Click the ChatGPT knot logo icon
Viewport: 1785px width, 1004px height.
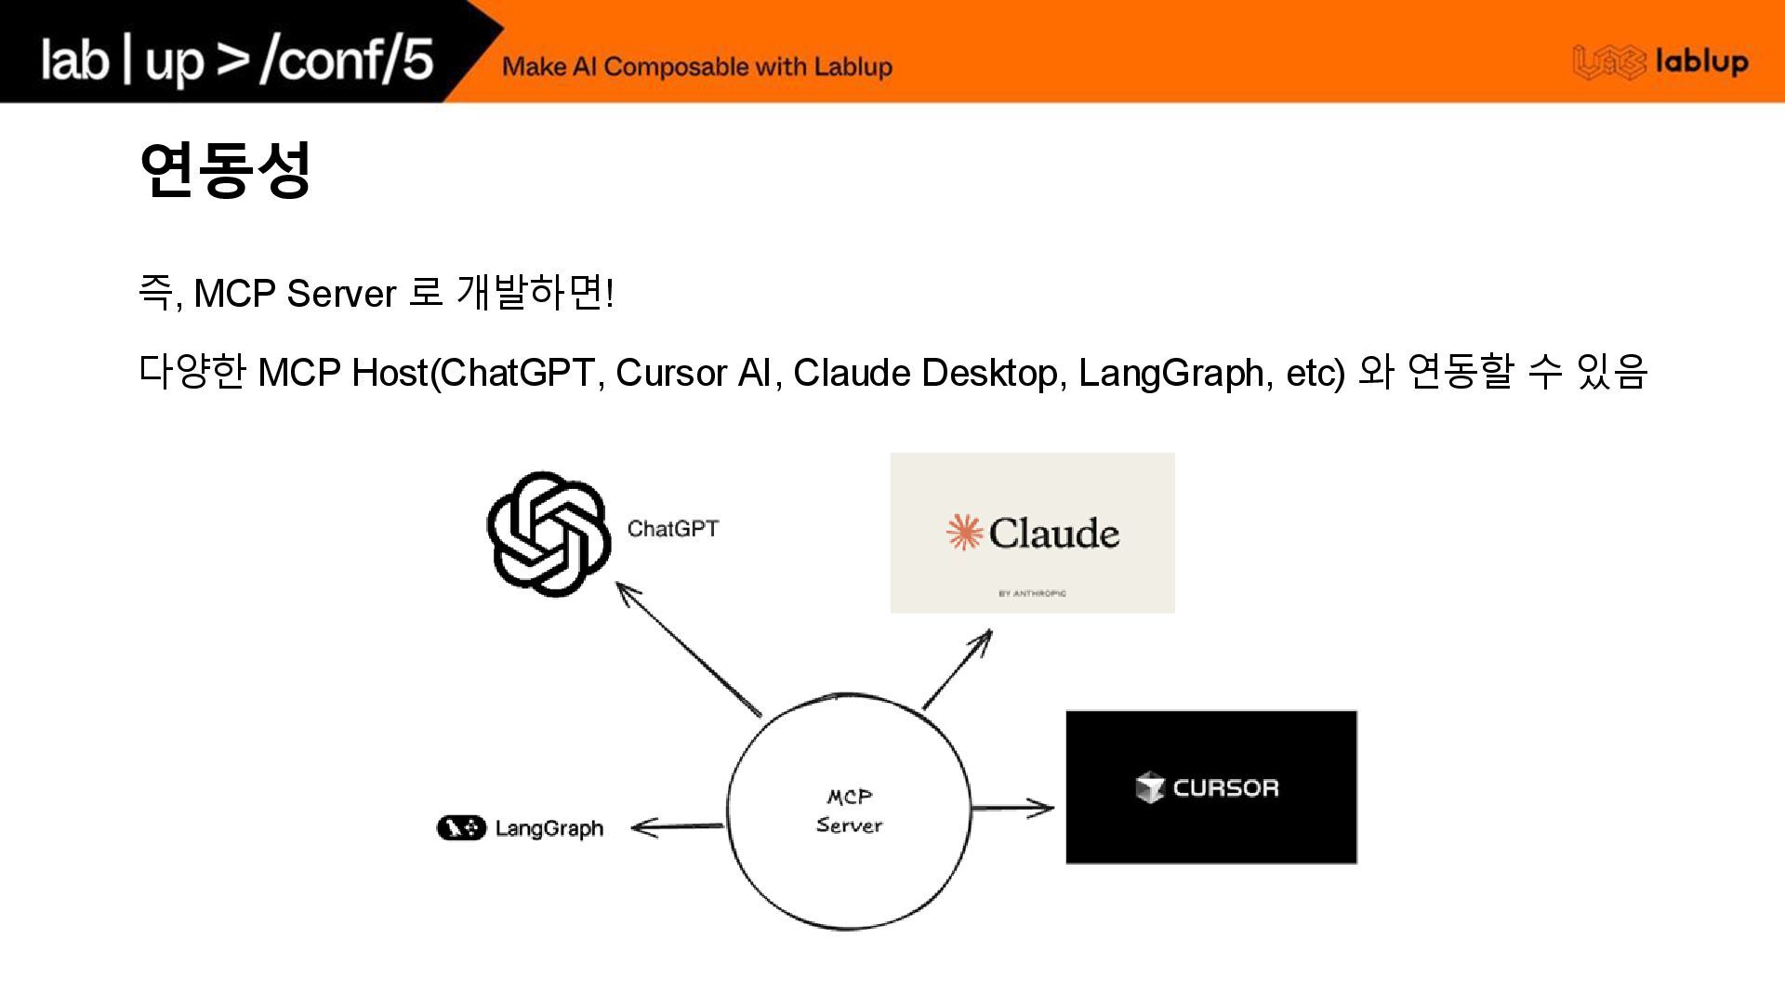click(549, 534)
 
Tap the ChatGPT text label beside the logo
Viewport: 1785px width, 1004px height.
click(672, 529)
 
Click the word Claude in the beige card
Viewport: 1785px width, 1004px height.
click(1053, 534)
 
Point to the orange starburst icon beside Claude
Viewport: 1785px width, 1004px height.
click(964, 533)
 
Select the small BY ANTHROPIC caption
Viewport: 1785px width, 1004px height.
click(1032, 593)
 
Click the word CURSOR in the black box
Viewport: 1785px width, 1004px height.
click(1225, 788)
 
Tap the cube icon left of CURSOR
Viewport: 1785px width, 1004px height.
click(1150, 787)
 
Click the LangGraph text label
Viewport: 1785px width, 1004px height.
click(549, 828)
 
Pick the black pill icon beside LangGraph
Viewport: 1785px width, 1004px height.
click(461, 827)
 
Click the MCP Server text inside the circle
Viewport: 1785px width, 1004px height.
click(849, 811)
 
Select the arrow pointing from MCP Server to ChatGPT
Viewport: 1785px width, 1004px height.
click(688, 649)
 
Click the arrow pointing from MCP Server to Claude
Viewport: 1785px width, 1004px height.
click(958, 669)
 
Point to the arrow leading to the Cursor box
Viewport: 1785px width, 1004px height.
click(1011, 808)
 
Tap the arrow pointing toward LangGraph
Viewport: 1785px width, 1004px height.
click(677, 826)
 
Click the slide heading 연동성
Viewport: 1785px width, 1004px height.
click(224, 170)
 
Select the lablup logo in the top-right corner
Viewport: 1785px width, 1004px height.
click(1660, 62)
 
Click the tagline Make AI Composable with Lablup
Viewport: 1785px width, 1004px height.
click(697, 67)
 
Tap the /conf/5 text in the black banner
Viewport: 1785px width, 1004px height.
click(347, 59)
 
